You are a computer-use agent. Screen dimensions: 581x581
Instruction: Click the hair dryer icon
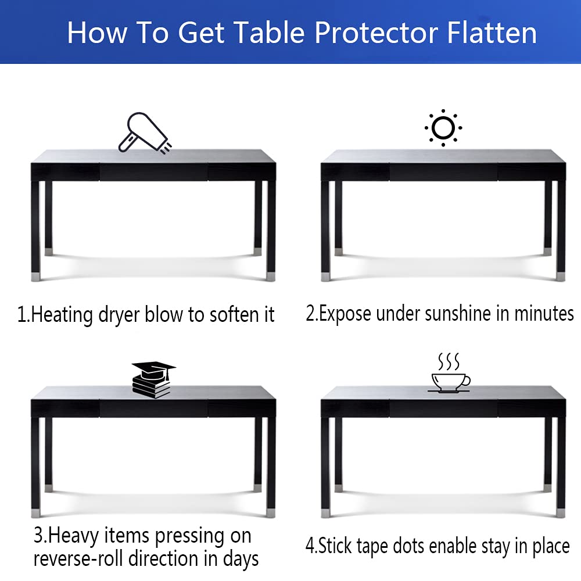pos(144,134)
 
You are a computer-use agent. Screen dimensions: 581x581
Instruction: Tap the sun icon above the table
pos(443,127)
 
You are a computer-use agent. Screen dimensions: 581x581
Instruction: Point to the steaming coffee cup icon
pos(450,378)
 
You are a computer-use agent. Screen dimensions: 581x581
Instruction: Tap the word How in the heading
pos(97,33)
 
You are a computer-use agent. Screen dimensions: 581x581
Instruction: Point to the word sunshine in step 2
pos(458,314)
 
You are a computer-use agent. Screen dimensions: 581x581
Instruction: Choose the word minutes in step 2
pos(543,314)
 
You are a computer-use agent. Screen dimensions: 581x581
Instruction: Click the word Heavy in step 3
pos(67,535)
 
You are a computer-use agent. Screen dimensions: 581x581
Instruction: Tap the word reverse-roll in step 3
pos(80,559)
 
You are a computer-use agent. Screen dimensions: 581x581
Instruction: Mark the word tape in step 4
pos(404,546)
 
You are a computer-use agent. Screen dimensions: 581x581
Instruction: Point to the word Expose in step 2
pos(346,314)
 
